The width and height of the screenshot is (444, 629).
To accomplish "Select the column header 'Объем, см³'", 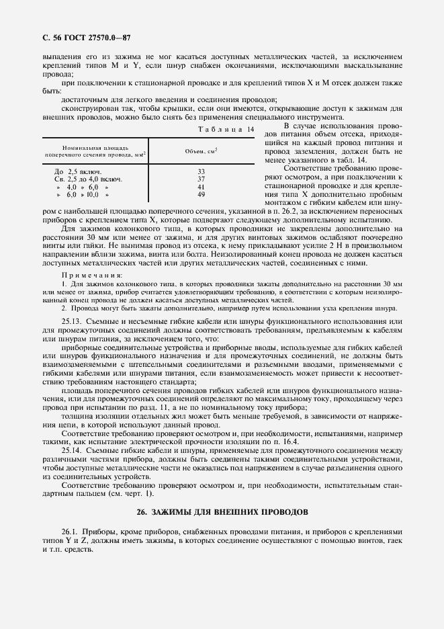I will pyautogui.click(x=201, y=152).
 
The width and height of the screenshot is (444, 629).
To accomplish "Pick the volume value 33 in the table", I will pyautogui.click(x=201, y=172).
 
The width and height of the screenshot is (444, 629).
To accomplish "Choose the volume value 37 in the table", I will pyautogui.click(x=201, y=179).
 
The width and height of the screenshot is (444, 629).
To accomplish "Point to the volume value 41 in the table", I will pyautogui.click(x=201, y=187).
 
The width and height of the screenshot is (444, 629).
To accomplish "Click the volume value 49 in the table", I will pyautogui.click(x=201, y=194).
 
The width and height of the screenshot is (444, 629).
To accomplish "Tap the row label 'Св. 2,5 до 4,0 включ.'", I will pyautogui.click(x=88, y=179).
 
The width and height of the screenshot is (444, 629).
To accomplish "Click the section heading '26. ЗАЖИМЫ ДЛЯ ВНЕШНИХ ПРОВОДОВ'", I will pyautogui.click(x=222, y=512).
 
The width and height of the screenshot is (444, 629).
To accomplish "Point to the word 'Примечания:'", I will pyautogui.click(x=92, y=276).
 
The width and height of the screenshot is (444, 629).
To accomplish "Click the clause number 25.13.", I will pyautogui.click(x=71, y=323).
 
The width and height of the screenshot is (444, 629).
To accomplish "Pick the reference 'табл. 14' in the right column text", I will pyautogui.click(x=351, y=160).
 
